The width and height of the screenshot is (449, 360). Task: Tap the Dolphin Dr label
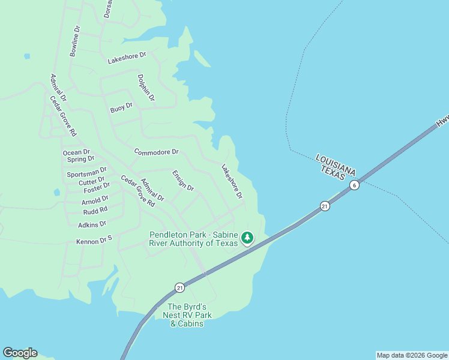click(x=146, y=88)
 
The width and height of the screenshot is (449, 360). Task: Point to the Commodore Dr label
click(x=157, y=152)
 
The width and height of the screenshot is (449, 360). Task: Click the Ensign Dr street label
click(x=183, y=180)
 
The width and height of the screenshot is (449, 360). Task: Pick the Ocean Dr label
click(x=76, y=152)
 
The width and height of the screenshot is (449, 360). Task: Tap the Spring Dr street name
click(x=80, y=159)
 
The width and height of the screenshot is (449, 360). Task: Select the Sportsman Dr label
click(x=86, y=173)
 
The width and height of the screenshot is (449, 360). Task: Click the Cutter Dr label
click(x=92, y=180)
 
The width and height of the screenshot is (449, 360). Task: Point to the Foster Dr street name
click(x=97, y=187)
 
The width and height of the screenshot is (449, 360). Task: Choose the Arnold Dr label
click(x=95, y=199)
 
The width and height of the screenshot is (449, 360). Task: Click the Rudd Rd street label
click(x=95, y=210)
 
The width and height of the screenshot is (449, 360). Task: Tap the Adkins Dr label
click(x=92, y=224)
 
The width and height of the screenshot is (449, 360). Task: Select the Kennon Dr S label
click(x=94, y=242)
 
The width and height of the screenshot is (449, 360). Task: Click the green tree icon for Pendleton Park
click(x=247, y=238)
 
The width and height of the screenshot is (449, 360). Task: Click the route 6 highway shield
click(x=355, y=185)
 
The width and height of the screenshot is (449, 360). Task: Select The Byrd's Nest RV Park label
click(x=186, y=315)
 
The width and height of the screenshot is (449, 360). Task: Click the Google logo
click(x=20, y=353)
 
